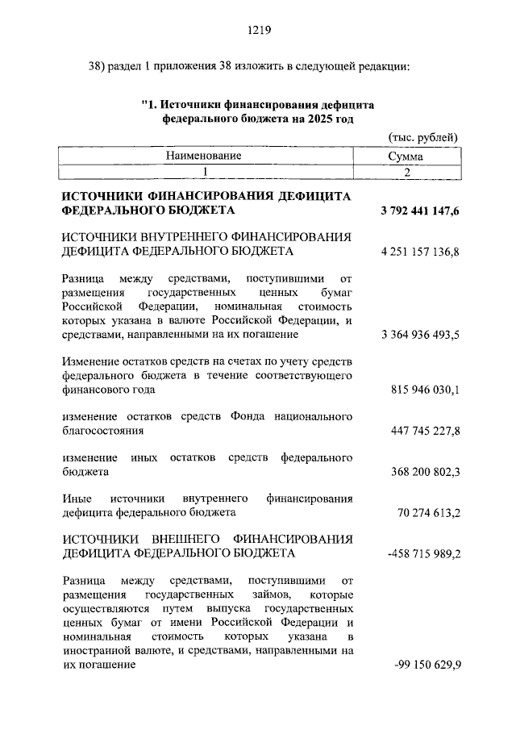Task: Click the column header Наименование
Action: (204, 155)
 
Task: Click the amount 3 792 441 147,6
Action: (419, 211)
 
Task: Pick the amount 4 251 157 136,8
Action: (419, 252)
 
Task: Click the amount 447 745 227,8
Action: (424, 432)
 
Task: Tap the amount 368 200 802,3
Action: (424, 473)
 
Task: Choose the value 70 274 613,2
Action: (427, 512)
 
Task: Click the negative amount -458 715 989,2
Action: (422, 553)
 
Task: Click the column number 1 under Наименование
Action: (205, 171)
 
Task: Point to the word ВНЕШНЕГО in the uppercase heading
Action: (189, 538)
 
